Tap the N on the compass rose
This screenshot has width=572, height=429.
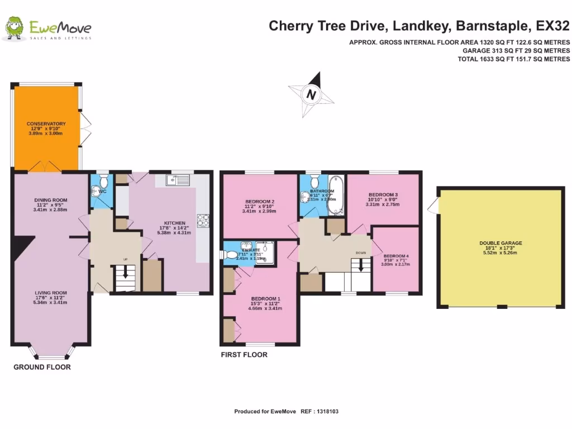(312, 95)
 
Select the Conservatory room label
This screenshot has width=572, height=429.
(46, 123)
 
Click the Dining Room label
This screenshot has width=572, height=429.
(51, 200)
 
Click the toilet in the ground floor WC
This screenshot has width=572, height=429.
(96, 192)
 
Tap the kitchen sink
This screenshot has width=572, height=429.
(179, 180)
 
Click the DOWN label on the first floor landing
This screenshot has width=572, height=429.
(361, 252)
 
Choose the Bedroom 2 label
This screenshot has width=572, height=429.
(260, 202)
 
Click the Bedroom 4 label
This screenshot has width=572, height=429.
(395, 256)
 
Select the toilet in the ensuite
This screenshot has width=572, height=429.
(231, 254)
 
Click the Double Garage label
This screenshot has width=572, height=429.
(500, 243)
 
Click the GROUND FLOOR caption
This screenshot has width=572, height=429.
(42, 367)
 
